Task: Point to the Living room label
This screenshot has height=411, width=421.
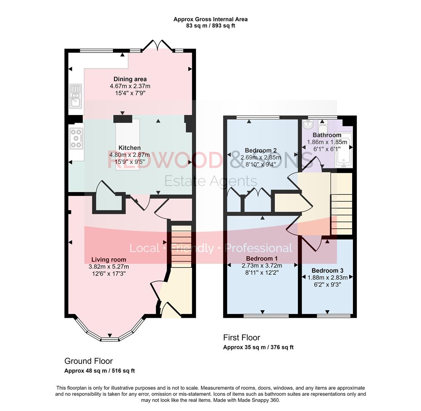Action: [109, 260]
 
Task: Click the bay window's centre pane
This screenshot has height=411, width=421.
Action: [110, 339]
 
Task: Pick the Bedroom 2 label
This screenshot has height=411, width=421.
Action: [260, 150]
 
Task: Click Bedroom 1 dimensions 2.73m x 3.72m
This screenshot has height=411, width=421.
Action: [262, 266]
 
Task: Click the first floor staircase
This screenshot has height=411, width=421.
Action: [342, 204]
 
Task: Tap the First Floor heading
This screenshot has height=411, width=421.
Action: [241, 338]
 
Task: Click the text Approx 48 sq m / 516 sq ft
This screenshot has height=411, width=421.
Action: [100, 371]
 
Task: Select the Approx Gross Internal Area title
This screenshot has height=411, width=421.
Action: [210, 19]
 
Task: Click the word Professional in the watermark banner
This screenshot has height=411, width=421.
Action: [258, 248]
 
